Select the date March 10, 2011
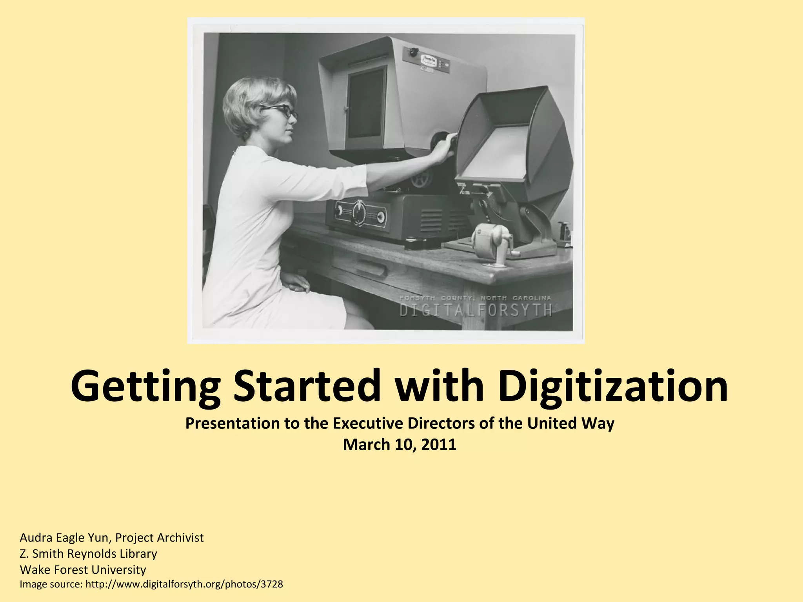[x=400, y=444]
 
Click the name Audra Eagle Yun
[x=65, y=537]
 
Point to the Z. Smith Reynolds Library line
[x=88, y=553]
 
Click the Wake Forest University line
[x=83, y=569]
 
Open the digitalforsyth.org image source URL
[x=184, y=584]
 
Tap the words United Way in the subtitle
[x=570, y=423]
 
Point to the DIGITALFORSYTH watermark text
[x=476, y=310]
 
